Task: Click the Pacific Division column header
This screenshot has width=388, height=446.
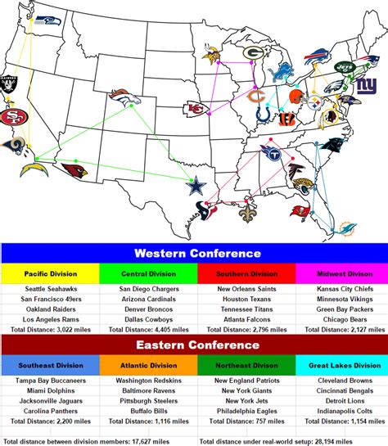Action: (49, 274)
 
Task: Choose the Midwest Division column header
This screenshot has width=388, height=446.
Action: (339, 274)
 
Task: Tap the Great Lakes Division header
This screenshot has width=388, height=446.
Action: (339, 366)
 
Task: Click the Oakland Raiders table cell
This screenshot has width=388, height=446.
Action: (49, 309)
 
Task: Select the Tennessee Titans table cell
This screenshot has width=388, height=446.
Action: (242, 309)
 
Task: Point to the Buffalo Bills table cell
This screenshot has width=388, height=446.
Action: (146, 412)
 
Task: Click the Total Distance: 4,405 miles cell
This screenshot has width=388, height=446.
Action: (146, 330)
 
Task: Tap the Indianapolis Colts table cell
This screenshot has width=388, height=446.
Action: (339, 412)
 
